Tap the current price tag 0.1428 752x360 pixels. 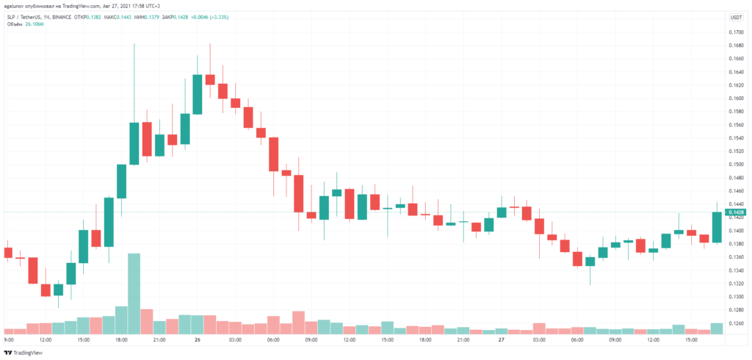(x=734, y=212)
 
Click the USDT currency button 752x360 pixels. (x=735, y=17)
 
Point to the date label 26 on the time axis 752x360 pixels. (x=197, y=340)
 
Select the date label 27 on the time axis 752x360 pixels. (x=500, y=340)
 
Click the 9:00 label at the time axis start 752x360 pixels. (x=9, y=340)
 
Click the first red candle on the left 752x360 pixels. (x=8, y=253)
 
